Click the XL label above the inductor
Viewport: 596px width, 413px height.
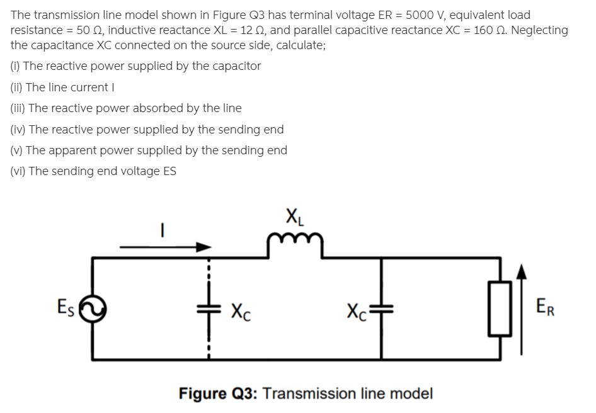coord(294,220)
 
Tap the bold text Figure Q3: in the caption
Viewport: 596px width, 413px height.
coord(217,394)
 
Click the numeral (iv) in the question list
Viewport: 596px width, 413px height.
coord(19,129)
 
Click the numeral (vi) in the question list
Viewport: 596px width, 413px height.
coord(19,171)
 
